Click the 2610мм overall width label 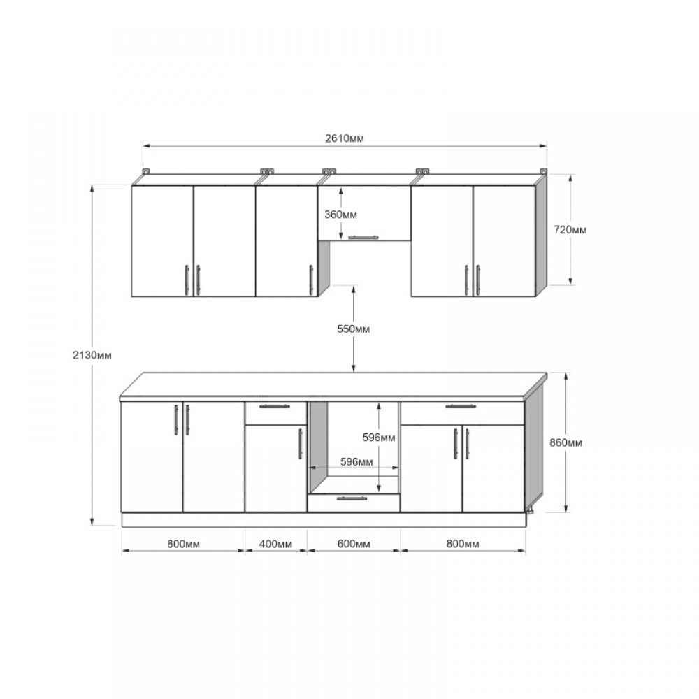click(344, 138)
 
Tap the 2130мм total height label click(92, 355)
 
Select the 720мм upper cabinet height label click(570, 230)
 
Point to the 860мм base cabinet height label click(565, 442)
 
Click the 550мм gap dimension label click(353, 329)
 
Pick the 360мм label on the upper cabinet click(340, 215)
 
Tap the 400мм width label click(275, 544)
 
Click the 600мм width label click(354, 544)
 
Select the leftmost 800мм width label click(183, 544)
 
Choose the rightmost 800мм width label click(463, 544)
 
